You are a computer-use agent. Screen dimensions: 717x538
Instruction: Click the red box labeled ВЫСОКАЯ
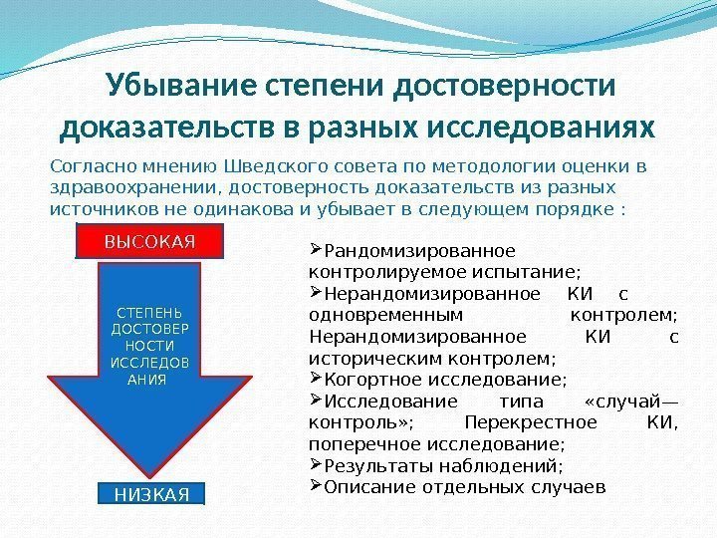148,241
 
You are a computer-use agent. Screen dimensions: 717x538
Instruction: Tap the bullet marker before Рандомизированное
317,249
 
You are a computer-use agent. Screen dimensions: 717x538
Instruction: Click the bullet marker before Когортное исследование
317,379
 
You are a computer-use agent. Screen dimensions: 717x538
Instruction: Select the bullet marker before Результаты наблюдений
317,465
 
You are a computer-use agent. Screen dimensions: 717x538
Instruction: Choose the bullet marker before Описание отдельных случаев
317,486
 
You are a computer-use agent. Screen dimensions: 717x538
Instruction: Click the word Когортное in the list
368,380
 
